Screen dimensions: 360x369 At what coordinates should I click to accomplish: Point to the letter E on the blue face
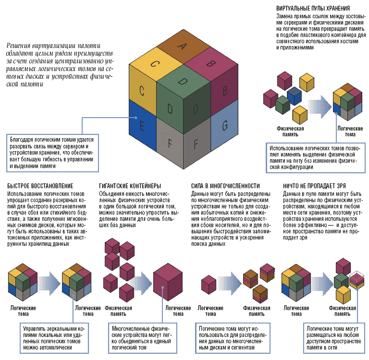pos(142,127)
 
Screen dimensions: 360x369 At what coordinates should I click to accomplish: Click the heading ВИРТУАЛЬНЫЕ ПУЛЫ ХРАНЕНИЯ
pos(313,9)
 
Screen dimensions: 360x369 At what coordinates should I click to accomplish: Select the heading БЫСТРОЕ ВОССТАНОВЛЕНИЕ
pos(40,186)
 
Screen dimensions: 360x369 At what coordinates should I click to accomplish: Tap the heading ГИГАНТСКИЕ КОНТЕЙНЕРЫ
pos(130,186)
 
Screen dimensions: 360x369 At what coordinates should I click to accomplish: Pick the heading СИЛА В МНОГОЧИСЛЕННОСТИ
pos(225,186)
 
